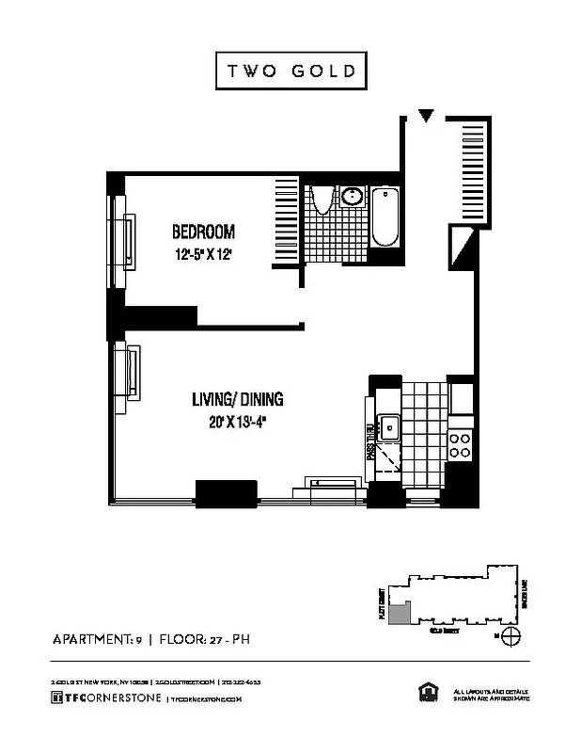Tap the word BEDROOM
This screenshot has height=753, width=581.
pyautogui.click(x=202, y=232)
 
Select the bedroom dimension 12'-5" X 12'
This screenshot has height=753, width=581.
pyautogui.click(x=202, y=254)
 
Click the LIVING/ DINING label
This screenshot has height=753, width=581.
pyautogui.click(x=238, y=400)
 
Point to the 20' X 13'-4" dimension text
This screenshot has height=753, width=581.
pyautogui.click(x=237, y=422)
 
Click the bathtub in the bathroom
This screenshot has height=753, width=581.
pyautogui.click(x=385, y=218)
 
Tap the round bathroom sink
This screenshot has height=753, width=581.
pyautogui.click(x=353, y=198)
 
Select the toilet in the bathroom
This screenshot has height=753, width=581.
pyautogui.click(x=322, y=200)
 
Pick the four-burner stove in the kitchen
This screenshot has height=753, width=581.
pyautogui.click(x=459, y=445)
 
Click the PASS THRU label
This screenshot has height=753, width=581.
pyautogui.click(x=369, y=441)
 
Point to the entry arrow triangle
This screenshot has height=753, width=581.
pyautogui.click(x=427, y=117)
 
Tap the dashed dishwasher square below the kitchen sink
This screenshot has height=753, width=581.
pyautogui.click(x=389, y=458)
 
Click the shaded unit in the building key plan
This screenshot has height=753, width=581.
pyautogui.click(x=400, y=613)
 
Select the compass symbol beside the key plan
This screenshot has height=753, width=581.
pyautogui.click(x=511, y=637)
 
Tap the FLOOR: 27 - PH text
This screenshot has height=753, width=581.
pyautogui.click(x=204, y=642)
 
